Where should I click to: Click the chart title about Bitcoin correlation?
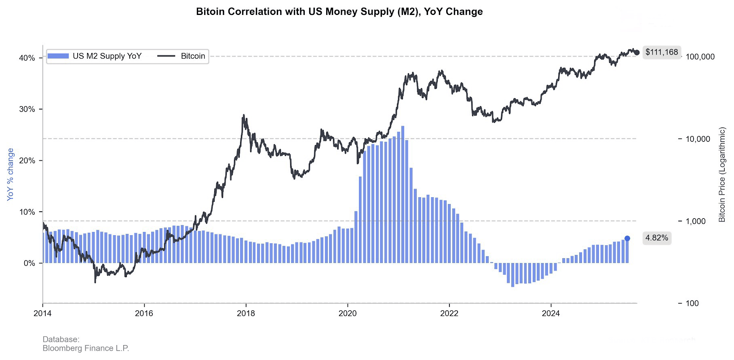tap(339, 12)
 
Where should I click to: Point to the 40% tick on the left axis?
tap(27, 58)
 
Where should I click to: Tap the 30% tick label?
tap(27, 109)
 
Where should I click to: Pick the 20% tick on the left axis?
tap(27, 161)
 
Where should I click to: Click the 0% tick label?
tap(29, 263)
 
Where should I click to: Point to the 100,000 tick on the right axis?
tap(700, 57)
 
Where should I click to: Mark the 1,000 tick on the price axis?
tap(696, 221)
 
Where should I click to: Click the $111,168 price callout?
tap(662, 52)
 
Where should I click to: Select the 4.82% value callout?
tap(656, 238)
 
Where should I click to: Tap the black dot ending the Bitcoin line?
tap(637, 53)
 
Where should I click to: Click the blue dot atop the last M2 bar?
tap(627, 238)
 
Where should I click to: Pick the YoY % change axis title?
tap(11, 174)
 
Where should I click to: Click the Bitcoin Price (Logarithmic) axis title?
tap(722, 175)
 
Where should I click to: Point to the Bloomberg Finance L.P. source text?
tap(86, 348)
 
